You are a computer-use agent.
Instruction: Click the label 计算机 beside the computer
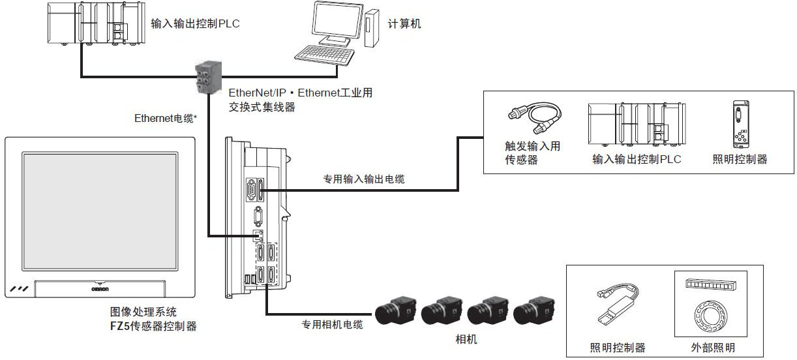(404, 24)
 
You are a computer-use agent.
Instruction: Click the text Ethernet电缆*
(166, 118)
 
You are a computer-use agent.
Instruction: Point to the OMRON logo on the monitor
(98, 286)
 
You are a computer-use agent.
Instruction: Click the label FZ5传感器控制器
(153, 325)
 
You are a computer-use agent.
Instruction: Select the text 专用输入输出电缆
(363, 179)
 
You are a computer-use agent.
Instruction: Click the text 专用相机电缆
(332, 324)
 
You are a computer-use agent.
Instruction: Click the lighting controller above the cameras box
(740, 125)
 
